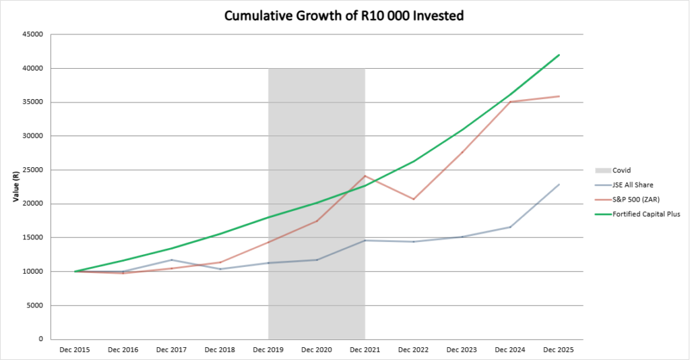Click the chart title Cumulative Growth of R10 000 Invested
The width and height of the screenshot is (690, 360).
pos(344,15)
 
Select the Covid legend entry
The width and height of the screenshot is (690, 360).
pos(621,171)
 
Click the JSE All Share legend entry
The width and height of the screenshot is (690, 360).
pos(632,184)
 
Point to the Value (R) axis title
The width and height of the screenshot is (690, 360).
pos(15,187)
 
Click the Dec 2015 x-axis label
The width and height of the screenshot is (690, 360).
pos(75,350)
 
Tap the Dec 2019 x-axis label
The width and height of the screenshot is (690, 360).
pos(268,350)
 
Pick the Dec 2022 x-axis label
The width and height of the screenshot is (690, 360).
pos(414,350)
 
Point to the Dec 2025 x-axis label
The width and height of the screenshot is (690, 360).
pos(559,350)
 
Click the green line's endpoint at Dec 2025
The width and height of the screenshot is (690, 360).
pos(559,55)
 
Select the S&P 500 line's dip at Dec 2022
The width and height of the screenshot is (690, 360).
pos(413,199)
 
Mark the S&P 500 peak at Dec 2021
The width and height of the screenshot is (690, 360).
pos(365,176)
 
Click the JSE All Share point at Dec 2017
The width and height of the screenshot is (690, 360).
pos(171,260)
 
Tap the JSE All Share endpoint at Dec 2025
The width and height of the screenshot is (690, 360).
pos(559,184)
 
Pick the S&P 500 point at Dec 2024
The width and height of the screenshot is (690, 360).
pos(510,102)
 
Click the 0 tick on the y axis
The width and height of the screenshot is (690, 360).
pos(42,339)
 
